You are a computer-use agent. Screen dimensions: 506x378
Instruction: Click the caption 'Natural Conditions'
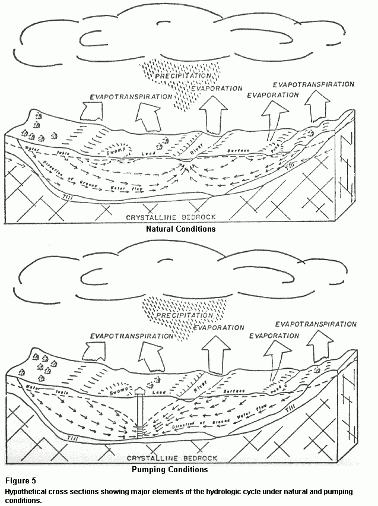coord(180,229)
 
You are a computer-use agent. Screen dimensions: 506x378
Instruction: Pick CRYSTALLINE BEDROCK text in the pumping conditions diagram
coord(172,458)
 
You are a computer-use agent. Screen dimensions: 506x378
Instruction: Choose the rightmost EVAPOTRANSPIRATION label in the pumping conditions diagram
coord(316,324)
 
